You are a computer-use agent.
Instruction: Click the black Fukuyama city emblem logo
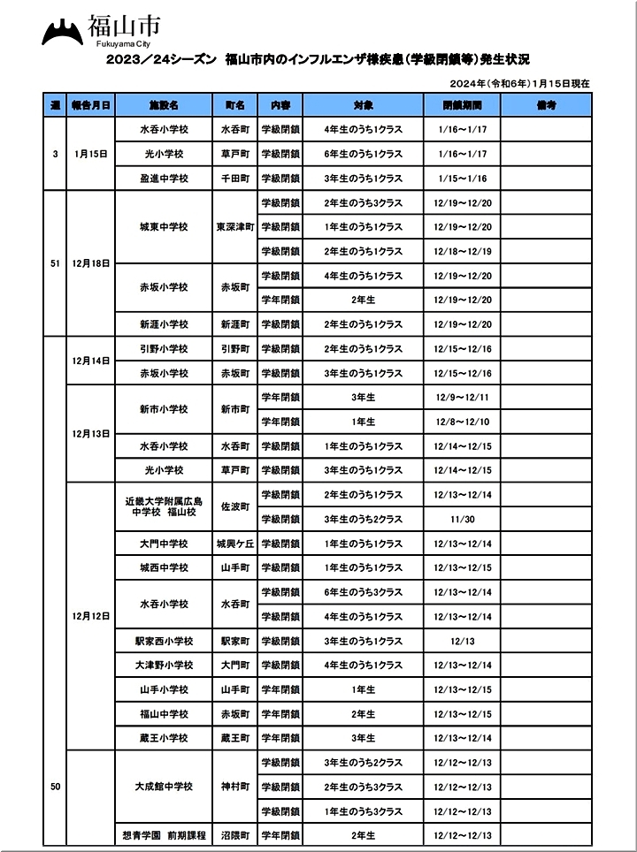62,34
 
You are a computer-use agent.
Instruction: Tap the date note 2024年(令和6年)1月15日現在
519,83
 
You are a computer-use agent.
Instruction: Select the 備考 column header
546,104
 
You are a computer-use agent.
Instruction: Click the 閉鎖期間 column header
457,104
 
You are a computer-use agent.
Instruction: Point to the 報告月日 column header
91,104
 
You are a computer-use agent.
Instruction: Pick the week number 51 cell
55,263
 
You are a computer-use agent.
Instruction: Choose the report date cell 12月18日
91,263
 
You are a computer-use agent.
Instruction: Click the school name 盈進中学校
165,178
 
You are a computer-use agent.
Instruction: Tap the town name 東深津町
234,227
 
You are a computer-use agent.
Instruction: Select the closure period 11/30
457,519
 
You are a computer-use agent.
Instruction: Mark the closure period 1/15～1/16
457,178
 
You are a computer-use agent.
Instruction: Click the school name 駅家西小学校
165,641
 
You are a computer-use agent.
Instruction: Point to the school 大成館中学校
165,787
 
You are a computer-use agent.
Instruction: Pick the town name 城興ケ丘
234,544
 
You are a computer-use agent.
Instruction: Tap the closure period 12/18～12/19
457,251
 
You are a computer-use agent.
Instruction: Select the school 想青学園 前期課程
165,835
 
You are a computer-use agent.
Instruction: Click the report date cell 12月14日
91,361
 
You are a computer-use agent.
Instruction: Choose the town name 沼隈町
234,835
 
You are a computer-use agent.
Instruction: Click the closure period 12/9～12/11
457,397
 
